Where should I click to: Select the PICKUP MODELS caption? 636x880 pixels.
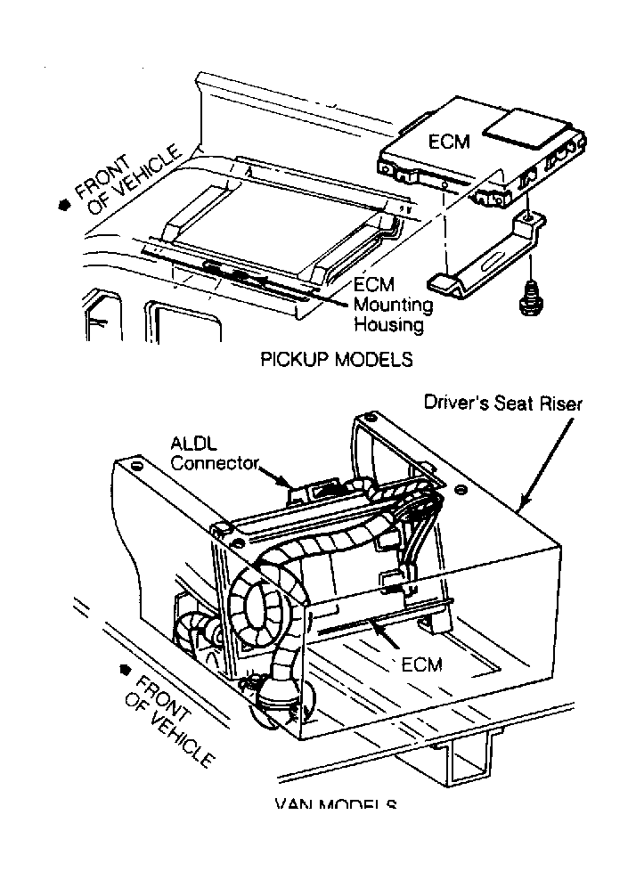click(336, 360)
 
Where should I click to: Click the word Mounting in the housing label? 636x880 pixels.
click(393, 306)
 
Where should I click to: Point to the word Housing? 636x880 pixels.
click(388, 324)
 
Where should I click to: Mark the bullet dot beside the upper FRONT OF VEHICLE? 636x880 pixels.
click(63, 205)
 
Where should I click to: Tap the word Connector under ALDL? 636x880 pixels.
click(215, 462)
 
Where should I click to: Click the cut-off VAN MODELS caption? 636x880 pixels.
click(336, 804)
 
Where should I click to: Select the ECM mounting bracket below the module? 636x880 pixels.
click(485, 258)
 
